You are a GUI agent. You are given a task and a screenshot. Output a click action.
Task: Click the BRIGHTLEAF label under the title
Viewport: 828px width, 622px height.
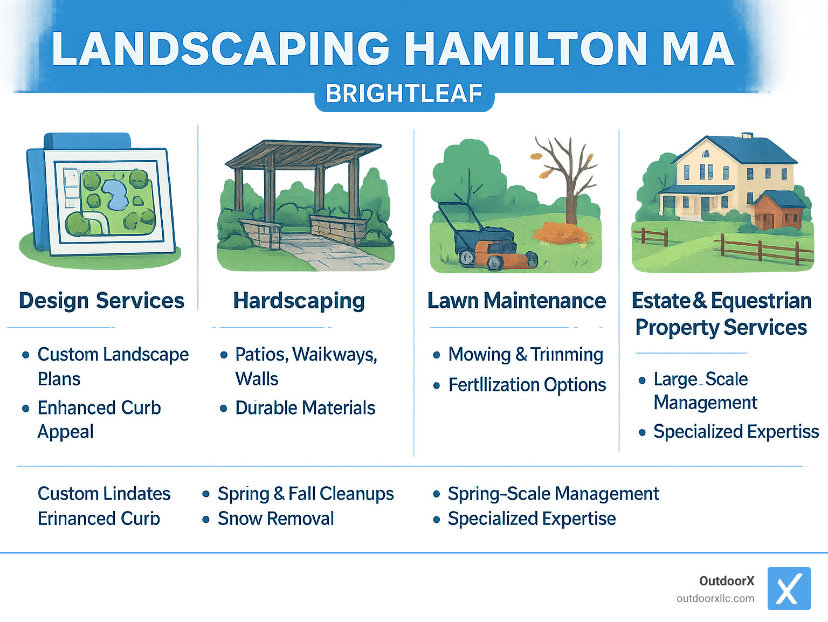tap(404, 94)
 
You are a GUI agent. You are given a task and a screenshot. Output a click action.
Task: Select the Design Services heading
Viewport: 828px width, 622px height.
tap(101, 301)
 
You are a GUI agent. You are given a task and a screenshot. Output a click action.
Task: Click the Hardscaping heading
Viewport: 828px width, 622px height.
tap(299, 301)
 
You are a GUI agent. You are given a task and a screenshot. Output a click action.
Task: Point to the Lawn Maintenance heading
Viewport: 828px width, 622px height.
tap(516, 301)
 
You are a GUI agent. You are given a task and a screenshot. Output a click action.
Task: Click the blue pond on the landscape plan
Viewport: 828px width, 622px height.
tap(115, 194)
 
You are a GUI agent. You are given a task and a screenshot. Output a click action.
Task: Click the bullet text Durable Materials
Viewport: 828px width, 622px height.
tap(305, 408)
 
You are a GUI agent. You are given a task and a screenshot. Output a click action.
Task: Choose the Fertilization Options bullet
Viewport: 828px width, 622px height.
tap(527, 385)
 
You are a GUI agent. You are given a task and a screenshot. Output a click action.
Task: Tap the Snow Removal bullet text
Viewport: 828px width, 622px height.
tap(275, 519)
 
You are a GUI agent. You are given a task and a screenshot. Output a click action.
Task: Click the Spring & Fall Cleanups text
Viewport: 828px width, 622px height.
tap(305, 494)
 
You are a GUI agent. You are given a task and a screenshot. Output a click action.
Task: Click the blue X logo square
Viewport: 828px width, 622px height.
tap(789, 588)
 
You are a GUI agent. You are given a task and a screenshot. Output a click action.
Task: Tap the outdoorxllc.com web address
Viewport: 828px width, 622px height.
tap(715, 598)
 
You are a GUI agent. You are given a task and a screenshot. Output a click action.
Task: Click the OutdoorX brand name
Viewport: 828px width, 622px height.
tap(726, 581)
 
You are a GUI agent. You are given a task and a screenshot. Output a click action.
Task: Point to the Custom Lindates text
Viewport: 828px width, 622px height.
tap(104, 494)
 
